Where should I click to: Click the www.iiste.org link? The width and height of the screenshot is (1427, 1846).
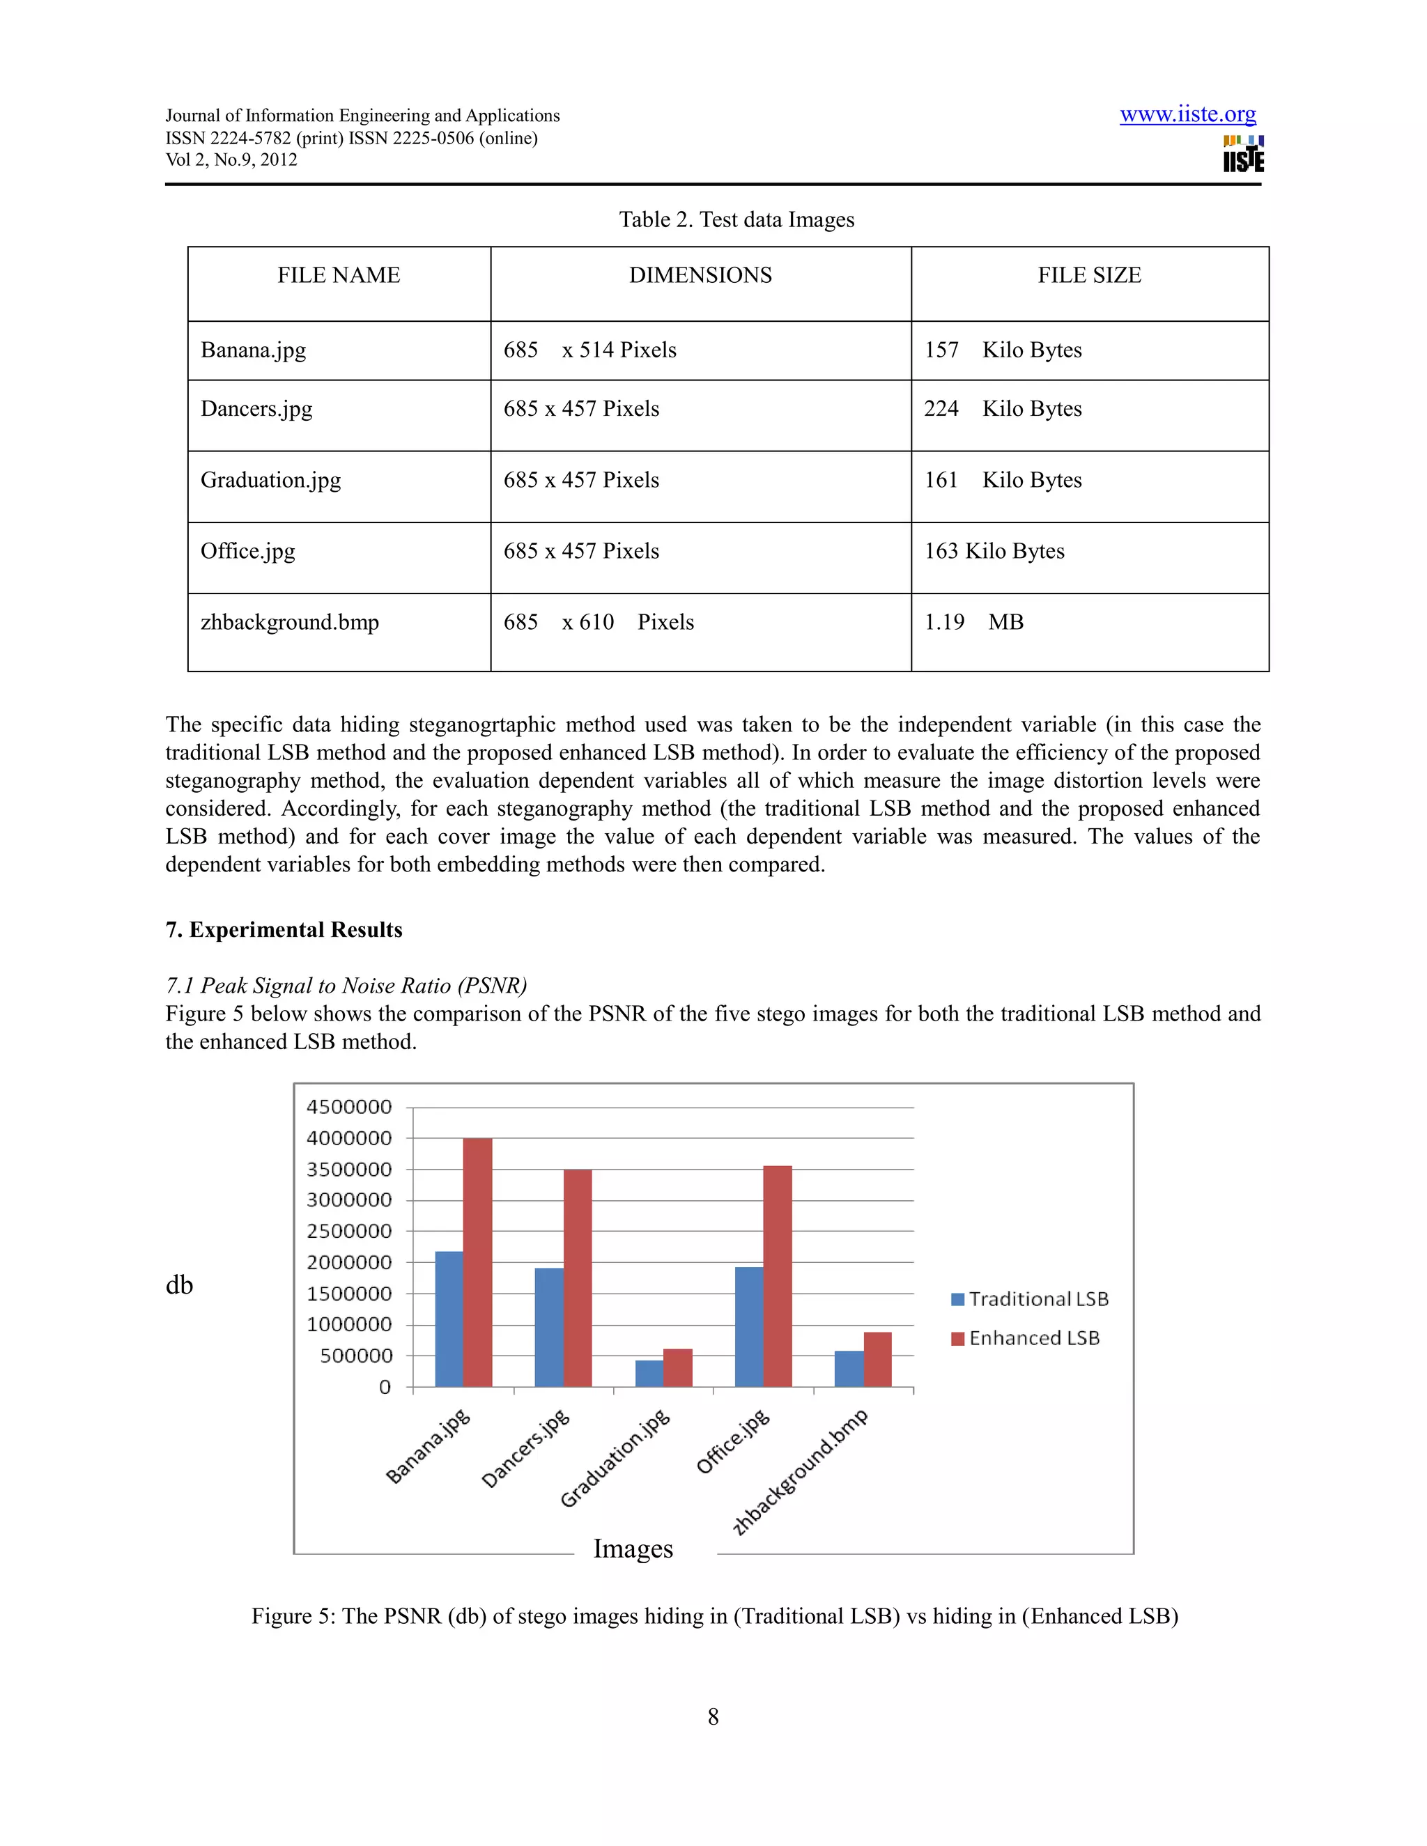[1188, 114]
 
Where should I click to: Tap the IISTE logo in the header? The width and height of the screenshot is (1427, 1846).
[1243, 154]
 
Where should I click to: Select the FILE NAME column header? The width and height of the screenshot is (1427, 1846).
[339, 276]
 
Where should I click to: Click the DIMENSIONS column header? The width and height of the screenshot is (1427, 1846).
[700, 276]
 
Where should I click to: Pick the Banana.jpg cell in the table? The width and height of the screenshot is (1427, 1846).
[254, 350]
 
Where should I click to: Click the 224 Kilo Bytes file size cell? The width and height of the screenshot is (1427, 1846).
[1003, 409]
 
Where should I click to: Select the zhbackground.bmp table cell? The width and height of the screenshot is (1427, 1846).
[290, 623]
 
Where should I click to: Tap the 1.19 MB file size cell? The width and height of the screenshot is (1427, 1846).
[974, 623]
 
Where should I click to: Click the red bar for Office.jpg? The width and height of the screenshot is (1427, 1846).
[777, 1275]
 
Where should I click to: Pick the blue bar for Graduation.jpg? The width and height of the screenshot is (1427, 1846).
[649, 1373]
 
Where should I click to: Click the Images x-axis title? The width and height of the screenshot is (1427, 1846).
[633, 1549]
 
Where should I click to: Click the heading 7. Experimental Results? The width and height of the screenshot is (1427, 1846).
[284, 930]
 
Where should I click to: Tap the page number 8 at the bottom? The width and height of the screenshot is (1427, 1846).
[713, 1716]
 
